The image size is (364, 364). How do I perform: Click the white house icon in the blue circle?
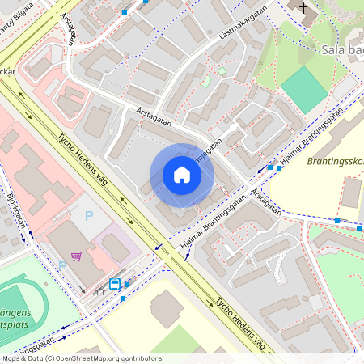(182, 175)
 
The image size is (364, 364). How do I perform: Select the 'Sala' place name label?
(335, 49)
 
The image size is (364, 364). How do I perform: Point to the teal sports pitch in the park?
(305, 88)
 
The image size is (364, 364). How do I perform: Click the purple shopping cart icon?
(76, 256)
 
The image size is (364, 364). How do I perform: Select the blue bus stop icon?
(115, 284)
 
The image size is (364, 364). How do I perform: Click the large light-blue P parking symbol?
(89, 217)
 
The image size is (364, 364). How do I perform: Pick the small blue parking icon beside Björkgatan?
(62, 265)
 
